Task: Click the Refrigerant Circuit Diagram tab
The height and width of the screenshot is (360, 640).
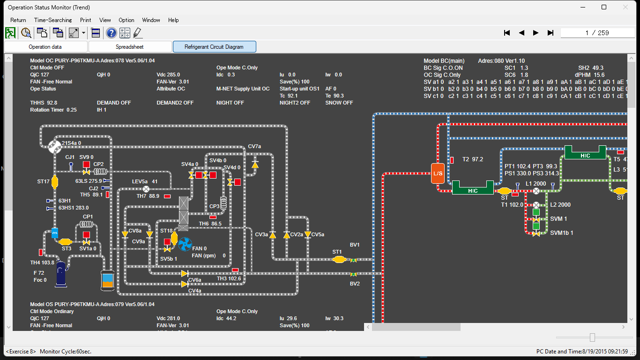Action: coord(214,47)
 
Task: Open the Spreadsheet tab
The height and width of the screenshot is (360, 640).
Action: coord(130,47)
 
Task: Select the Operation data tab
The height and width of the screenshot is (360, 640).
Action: coord(45,47)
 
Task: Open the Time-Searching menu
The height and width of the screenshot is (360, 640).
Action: coord(53,20)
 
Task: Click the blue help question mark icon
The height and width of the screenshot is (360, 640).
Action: coord(111,33)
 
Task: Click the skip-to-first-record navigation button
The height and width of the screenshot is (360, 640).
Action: coord(506,33)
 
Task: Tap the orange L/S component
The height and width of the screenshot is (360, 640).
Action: coord(438,173)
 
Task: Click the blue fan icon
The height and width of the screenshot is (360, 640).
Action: coord(185,243)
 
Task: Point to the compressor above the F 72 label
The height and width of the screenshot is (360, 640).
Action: coord(61,274)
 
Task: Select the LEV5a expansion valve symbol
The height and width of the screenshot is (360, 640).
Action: coord(146,189)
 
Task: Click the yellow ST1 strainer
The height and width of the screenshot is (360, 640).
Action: coord(339,259)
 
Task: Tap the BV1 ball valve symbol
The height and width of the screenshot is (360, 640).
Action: coord(354,260)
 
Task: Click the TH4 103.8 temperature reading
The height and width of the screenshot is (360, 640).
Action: coord(42,262)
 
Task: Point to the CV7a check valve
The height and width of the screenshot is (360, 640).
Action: coord(254,165)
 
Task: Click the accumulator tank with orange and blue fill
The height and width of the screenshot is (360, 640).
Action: coord(107,280)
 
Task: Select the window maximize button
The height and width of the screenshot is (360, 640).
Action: coord(604,7)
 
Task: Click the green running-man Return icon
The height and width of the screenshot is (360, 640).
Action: coord(10,33)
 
